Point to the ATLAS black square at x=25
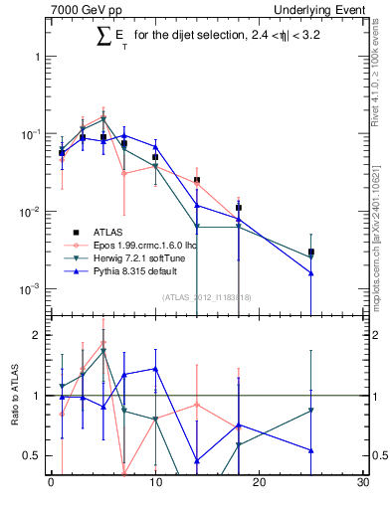[311, 253]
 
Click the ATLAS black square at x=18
[239, 208]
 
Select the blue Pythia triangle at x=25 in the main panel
[311, 272]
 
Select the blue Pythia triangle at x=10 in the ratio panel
[155, 369]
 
